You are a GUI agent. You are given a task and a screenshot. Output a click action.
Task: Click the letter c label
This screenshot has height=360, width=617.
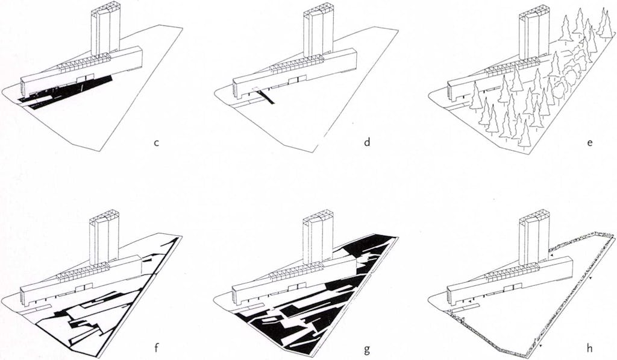coord(156,143)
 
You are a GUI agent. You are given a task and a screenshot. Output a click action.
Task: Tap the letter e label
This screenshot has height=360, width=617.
coord(590,143)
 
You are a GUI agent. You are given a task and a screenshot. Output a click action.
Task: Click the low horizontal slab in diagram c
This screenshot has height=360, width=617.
coord(81,71)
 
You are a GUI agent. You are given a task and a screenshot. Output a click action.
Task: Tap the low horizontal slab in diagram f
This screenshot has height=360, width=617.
coord(81,277)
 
